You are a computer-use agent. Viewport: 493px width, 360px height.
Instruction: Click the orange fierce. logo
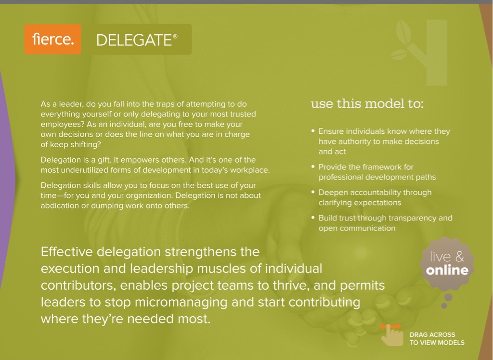(x=53, y=39)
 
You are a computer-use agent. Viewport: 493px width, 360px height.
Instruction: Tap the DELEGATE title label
(x=134, y=40)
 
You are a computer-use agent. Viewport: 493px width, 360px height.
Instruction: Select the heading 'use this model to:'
(x=367, y=103)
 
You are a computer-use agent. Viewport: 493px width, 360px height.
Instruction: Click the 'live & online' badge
(x=447, y=263)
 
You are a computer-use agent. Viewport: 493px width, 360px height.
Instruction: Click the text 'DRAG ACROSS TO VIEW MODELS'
(x=437, y=338)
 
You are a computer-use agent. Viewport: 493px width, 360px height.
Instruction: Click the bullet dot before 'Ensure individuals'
(x=313, y=131)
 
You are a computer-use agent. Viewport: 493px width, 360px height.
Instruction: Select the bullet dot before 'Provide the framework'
(x=313, y=167)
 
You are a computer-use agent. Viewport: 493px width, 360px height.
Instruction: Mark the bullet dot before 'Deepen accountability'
(x=313, y=192)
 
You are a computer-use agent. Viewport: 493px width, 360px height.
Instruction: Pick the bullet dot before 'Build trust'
(x=313, y=218)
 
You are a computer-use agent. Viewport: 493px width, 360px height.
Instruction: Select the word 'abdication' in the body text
(x=61, y=206)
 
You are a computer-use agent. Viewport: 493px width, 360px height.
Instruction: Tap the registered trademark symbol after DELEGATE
(x=175, y=36)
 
